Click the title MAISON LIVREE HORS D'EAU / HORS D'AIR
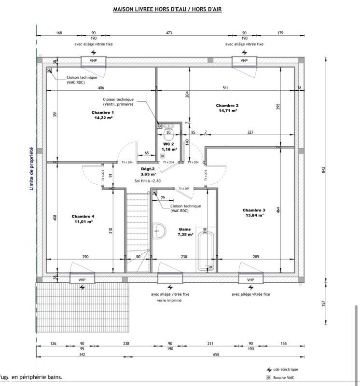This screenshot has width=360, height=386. [x=167, y=9]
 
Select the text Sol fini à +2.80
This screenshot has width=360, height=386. [x=147, y=181]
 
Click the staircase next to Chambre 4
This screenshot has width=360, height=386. [x=137, y=222]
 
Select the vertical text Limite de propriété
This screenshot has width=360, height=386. [x=31, y=168]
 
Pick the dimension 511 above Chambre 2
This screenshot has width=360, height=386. [x=225, y=88]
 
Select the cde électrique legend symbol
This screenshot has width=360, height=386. [x=269, y=370]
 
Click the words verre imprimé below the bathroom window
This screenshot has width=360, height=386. [x=170, y=300]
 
